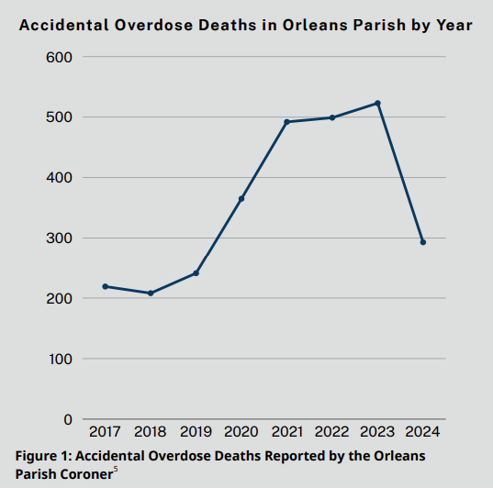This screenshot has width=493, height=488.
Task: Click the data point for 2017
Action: click(106, 286)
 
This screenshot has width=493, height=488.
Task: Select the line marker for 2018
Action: click(151, 293)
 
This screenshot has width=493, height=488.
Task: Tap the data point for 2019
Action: click(196, 273)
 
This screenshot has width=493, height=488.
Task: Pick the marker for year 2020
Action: click(241, 198)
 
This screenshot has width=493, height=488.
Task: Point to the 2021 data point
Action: click(286, 122)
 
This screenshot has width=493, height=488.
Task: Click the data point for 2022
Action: click(332, 117)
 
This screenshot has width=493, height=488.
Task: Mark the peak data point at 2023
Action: click(377, 103)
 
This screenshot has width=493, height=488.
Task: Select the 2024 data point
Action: click(422, 242)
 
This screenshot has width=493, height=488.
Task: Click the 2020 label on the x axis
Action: click(241, 431)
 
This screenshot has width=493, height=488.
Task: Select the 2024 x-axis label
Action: click(422, 431)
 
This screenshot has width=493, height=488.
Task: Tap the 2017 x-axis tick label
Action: click(106, 431)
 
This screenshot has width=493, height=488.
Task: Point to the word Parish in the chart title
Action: click(376, 26)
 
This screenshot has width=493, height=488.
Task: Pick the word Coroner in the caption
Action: click(87, 472)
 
